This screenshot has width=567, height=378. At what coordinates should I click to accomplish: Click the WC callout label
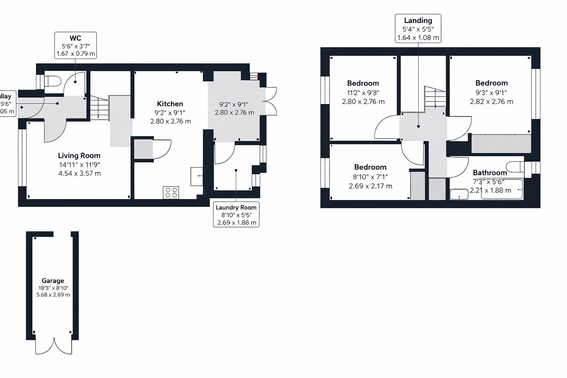76,45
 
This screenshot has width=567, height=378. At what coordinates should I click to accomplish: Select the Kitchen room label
170,104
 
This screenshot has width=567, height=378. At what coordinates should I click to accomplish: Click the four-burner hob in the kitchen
171,192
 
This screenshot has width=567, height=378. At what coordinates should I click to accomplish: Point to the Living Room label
79,155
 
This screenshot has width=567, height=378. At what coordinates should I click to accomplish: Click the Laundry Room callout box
236,214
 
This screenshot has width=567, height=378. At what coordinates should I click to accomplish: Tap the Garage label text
53,281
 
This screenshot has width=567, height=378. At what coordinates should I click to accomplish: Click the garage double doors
54,346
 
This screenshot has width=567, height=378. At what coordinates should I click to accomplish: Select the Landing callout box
418,29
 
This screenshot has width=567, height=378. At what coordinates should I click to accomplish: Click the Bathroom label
490,173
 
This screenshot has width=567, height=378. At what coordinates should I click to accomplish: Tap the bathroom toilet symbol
515,167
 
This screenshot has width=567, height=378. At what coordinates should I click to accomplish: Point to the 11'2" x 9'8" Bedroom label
363,83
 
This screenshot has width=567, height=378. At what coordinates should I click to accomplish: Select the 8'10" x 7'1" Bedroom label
370,167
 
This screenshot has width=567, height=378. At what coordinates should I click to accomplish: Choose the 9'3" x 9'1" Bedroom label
491,83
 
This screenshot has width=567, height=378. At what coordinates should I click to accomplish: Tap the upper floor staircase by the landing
435,97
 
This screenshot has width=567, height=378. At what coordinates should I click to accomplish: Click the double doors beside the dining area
271,101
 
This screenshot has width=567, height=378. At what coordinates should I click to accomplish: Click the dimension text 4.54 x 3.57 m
79,173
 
